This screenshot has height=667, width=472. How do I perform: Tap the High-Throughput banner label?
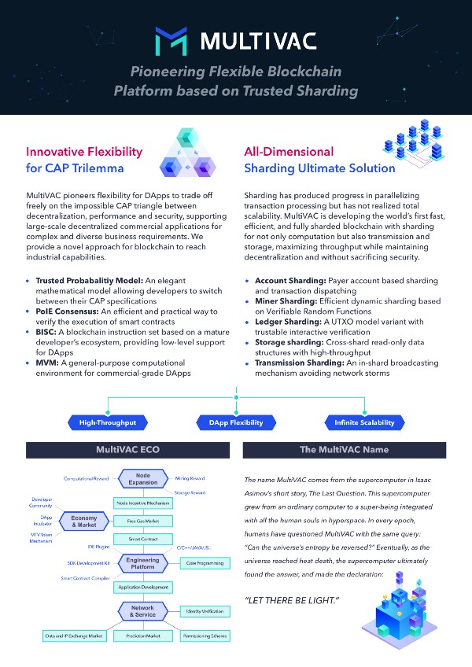pos(108,423)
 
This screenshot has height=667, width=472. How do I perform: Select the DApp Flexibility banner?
pos(235,423)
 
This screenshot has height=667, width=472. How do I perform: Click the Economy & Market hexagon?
pos(84,521)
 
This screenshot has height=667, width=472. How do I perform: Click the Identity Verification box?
pos(207,611)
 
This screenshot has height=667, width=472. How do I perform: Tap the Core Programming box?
pos(207,562)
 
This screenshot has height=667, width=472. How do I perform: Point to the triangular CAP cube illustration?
pos(186,157)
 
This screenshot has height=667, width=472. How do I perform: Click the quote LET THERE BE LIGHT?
pos(293,599)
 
